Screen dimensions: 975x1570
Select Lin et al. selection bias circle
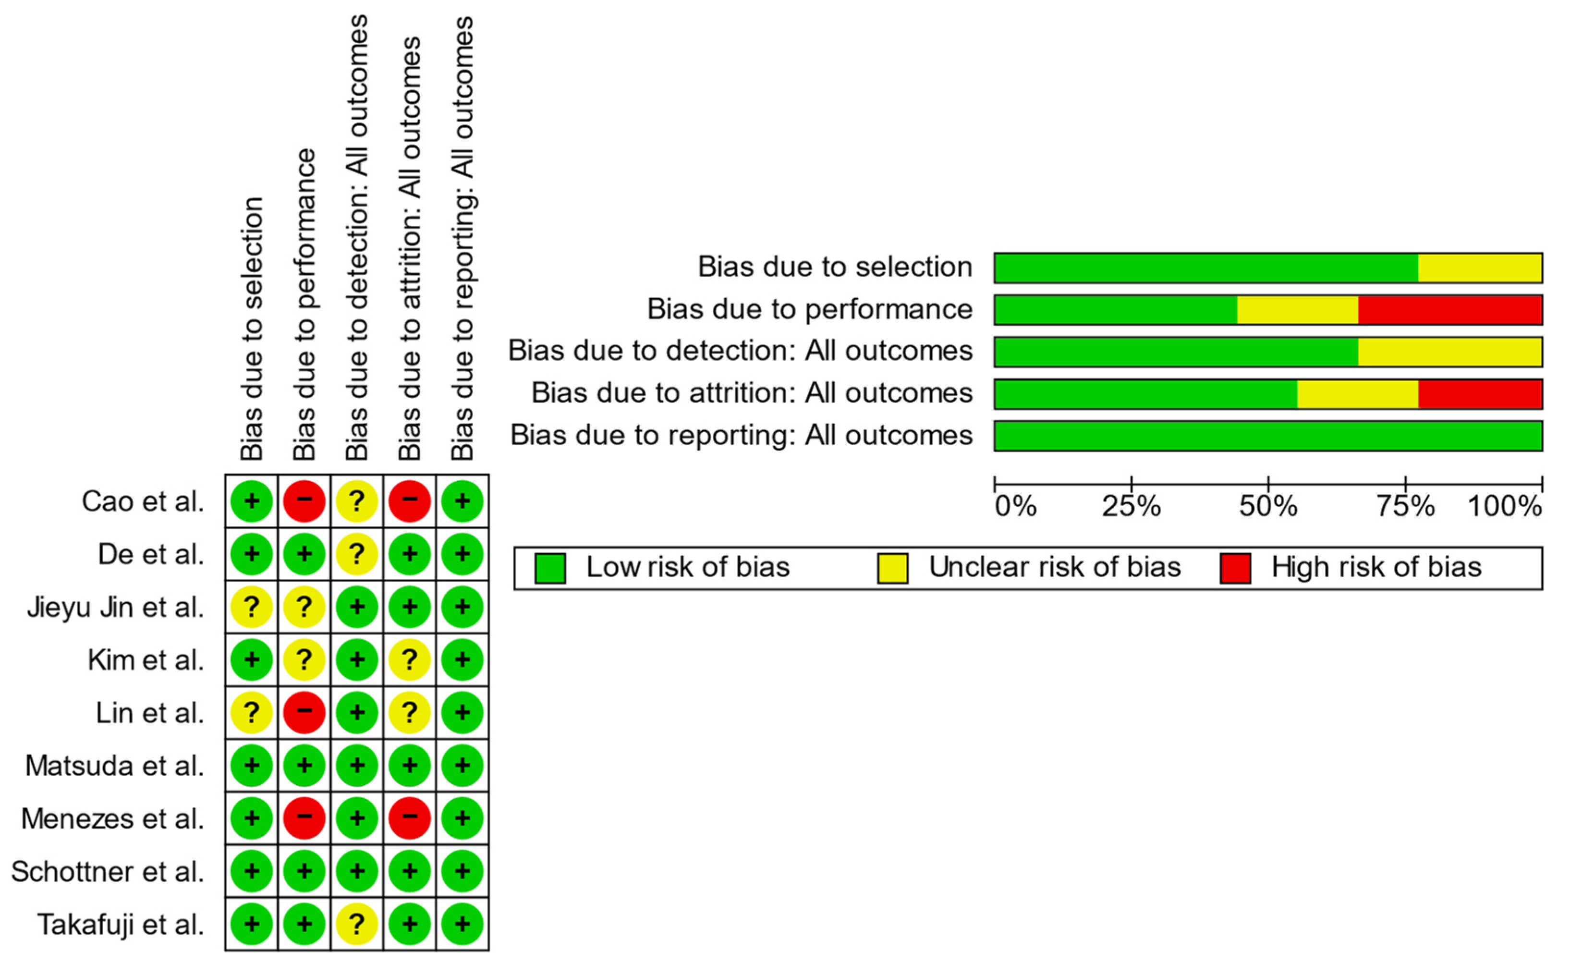tap(252, 713)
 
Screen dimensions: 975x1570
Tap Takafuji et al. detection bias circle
tap(356, 924)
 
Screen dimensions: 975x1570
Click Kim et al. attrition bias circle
tap(409, 659)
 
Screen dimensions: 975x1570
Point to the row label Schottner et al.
tap(108, 872)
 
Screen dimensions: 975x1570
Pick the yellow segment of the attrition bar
tap(1357, 394)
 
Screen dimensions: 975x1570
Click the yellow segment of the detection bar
tap(1449, 352)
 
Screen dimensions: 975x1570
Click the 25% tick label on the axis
tap(1131, 507)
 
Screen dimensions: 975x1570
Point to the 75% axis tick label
tap(1405, 507)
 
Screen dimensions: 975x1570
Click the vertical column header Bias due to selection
tap(252, 329)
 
